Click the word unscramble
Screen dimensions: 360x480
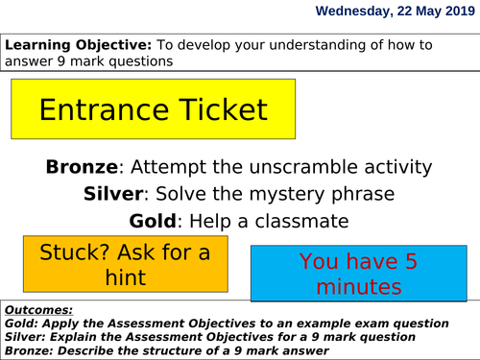[x=305, y=167]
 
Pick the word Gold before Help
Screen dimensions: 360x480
[x=154, y=221]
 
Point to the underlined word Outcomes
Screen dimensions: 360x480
[x=41, y=310]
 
